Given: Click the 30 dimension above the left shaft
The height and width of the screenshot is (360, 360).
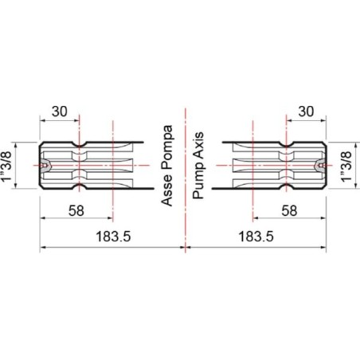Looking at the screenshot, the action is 60,112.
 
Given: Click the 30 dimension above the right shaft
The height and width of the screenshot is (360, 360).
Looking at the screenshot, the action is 306,112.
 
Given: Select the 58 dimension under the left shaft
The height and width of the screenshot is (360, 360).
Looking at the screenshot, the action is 76,211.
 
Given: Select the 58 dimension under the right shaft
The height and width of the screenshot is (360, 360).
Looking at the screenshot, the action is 289,211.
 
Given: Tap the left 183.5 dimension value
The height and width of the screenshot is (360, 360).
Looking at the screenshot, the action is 113,236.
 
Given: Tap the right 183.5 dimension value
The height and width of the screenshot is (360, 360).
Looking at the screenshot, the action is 256,236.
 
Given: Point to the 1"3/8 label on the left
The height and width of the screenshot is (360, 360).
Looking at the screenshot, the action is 6,166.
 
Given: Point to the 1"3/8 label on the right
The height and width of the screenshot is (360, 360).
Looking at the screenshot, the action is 346,166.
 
